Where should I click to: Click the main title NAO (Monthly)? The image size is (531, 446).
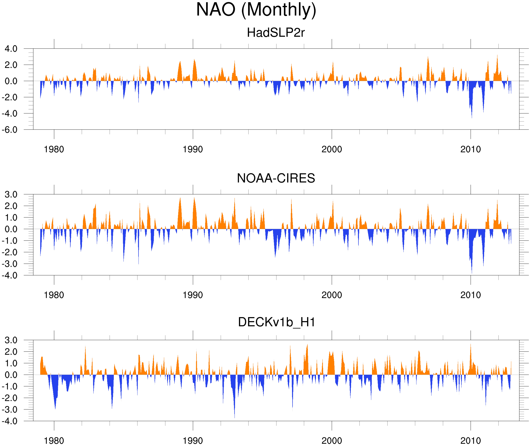(256, 10)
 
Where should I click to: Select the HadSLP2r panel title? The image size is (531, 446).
(275, 33)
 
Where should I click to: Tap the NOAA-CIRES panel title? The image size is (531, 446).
(276, 178)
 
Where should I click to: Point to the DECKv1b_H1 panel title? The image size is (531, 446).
(277, 322)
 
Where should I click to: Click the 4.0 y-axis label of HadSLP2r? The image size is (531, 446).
(11, 49)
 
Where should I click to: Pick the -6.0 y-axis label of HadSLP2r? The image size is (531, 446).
(10, 130)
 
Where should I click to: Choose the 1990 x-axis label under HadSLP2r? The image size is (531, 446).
(193, 149)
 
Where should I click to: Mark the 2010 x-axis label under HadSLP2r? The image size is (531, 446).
(470, 149)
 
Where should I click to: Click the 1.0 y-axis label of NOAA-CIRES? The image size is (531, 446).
(11, 218)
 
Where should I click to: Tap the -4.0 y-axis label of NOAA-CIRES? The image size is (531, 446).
(10, 275)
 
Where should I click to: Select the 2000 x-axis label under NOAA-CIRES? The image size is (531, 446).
(332, 295)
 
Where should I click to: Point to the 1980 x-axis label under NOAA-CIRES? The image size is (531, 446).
(54, 295)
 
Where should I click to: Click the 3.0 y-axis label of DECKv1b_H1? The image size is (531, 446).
(11, 340)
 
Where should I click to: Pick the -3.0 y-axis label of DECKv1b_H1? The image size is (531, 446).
(10, 409)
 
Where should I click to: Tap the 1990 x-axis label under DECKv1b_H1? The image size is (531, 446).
(193, 441)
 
